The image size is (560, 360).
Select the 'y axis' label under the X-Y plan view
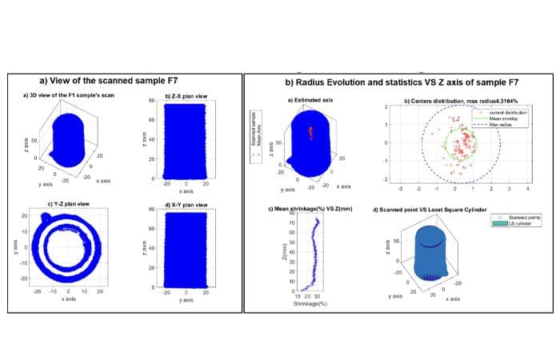point(186,300)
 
